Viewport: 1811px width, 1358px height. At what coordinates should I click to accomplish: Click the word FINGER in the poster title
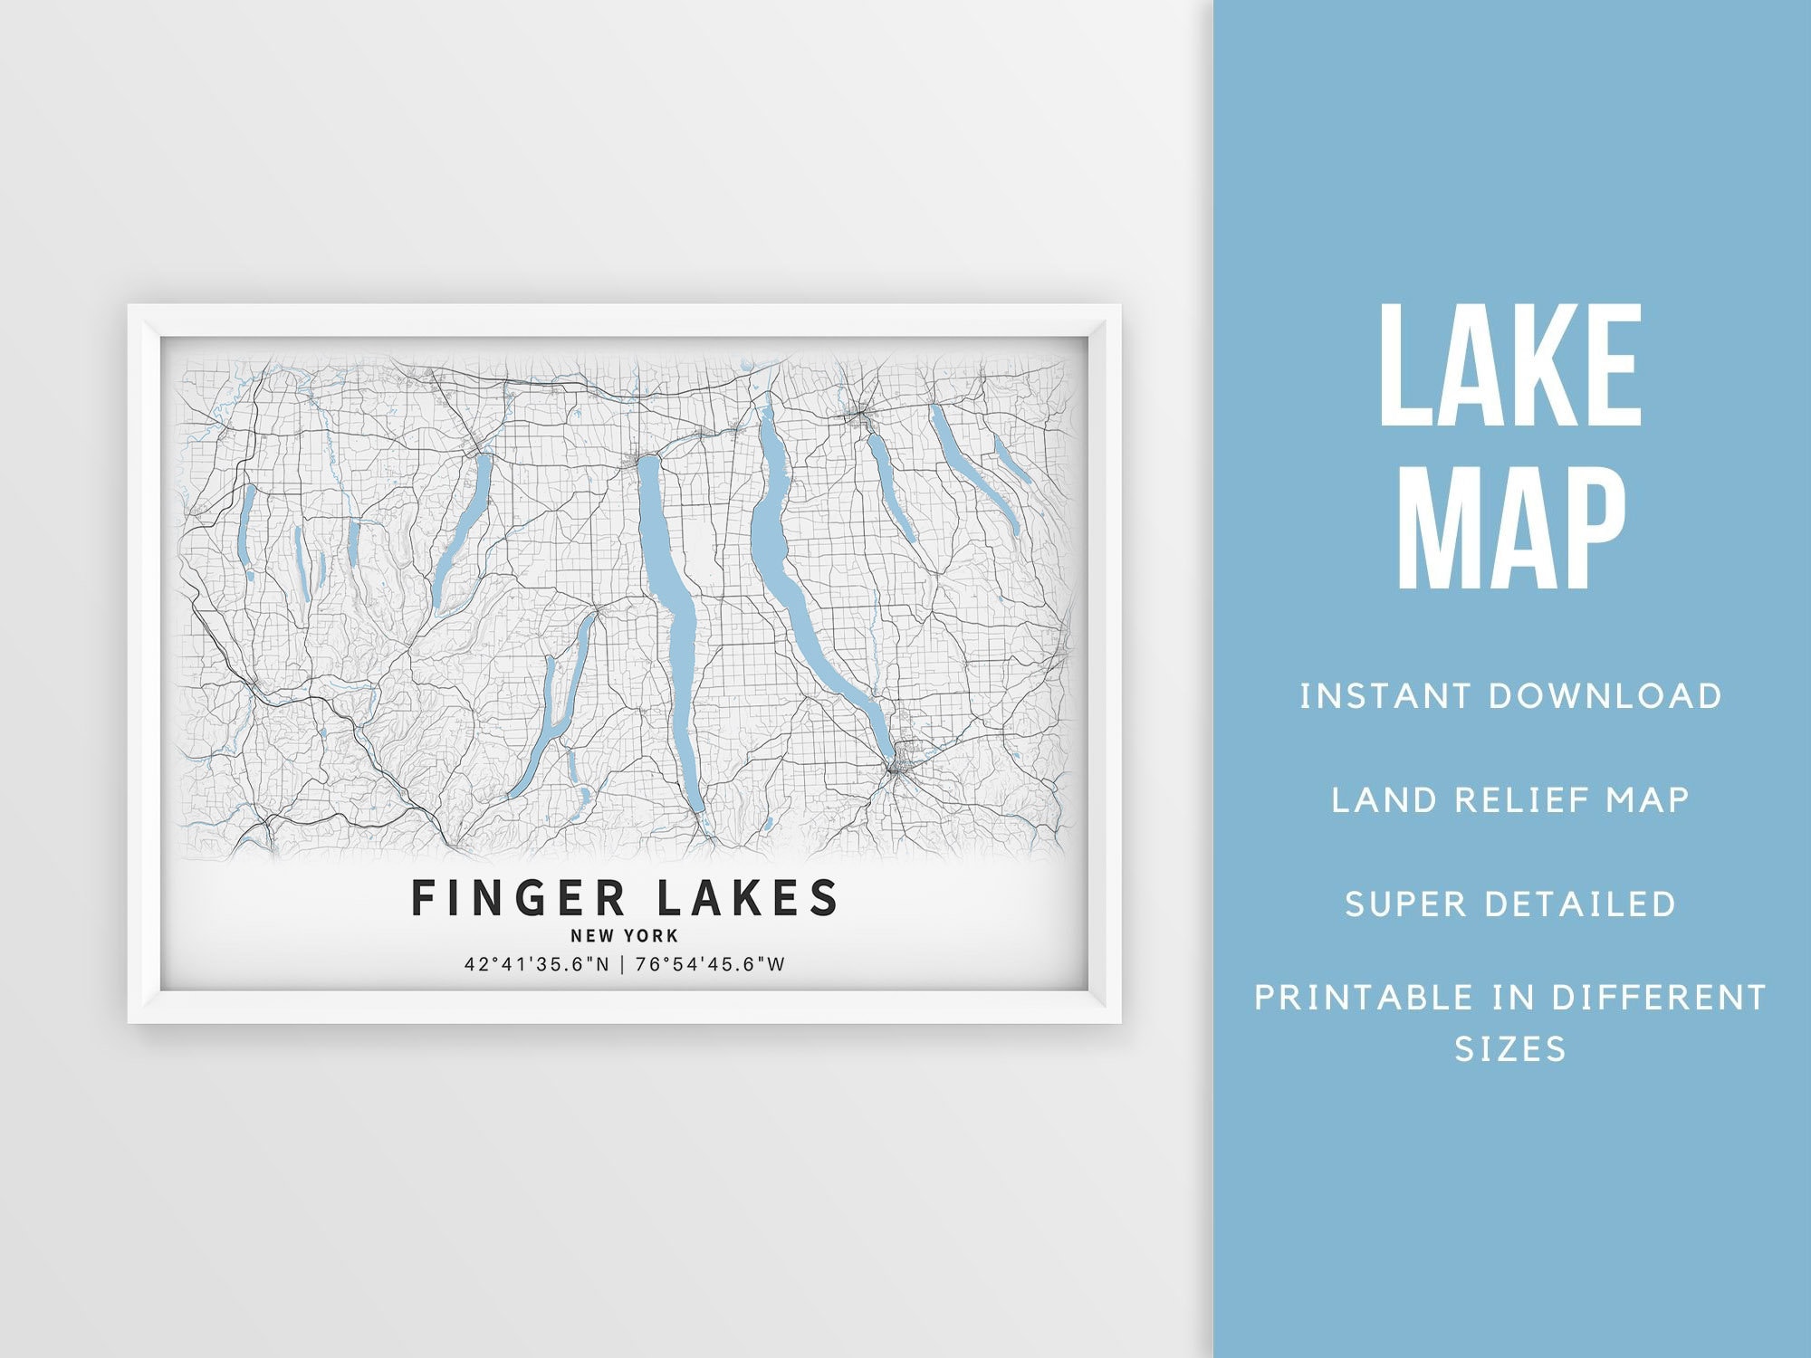pos(519,898)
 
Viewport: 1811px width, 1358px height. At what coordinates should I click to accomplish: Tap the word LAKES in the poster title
pos(747,898)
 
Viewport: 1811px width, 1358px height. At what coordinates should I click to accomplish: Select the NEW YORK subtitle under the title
pos(624,936)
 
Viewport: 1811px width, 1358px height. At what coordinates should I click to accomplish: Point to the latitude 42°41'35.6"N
pos(537,964)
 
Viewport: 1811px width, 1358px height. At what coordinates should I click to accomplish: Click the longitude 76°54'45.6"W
pos(710,964)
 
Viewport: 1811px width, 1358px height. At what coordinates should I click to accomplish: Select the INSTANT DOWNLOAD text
pos(1510,696)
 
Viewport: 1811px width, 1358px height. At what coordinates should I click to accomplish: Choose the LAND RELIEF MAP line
pos(1510,800)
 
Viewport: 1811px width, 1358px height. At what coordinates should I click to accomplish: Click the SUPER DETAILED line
pos(1510,904)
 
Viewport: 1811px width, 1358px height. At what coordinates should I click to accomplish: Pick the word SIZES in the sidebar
pos(1509,1049)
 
